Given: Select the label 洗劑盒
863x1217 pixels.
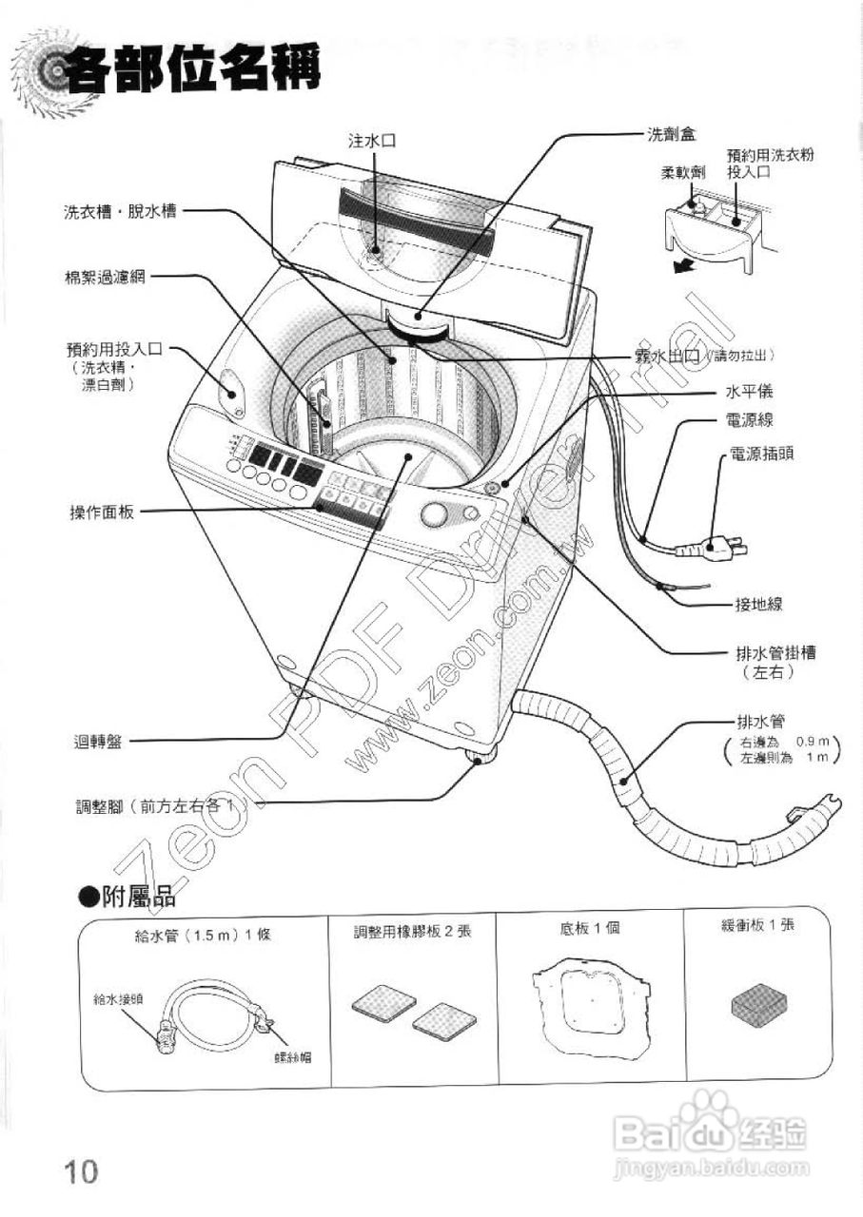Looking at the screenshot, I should [x=670, y=135].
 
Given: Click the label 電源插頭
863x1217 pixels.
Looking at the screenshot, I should [x=761, y=455].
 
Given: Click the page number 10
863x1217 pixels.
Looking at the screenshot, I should [x=82, y=1170].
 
